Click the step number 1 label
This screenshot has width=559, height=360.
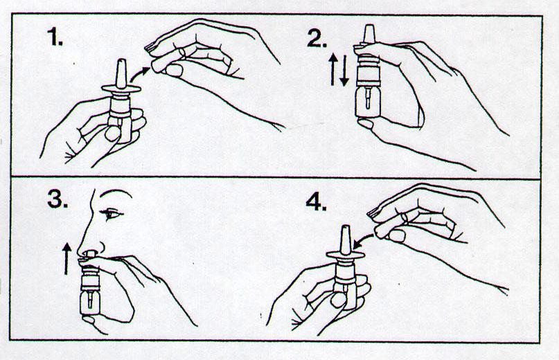(x=55, y=37)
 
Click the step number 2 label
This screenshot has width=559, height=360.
(x=317, y=39)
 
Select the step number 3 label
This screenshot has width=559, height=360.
(x=57, y=199)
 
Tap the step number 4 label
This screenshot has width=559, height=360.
(x=316, y=202)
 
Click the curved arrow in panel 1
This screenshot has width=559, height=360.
(x=139, y=74)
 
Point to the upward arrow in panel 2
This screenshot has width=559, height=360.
(x=332, y=69)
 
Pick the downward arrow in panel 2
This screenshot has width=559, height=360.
(x=344, y=70)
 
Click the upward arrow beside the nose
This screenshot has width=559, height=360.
(x=66, y=258)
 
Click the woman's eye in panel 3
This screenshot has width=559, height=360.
(x=112, y=214)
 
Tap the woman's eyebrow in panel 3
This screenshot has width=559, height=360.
(x=115, y=192)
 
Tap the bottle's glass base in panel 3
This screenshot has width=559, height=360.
(x=90, y=303)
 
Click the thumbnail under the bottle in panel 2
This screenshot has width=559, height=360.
(x=366, y=124)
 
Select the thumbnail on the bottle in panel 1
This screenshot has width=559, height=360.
(x=113, y=134)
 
